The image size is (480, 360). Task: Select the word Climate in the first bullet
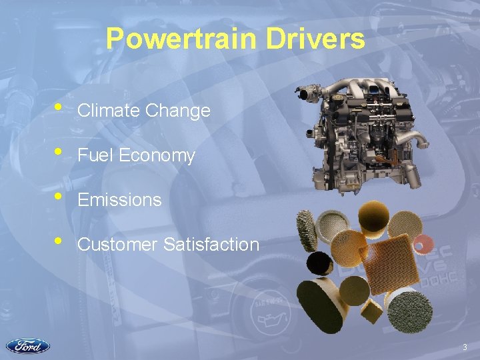(x=107, y=111)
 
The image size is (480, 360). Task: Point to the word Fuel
(x=92, y=156)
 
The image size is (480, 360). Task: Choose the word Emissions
(x=119, y=200)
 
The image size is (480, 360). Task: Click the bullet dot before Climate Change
(x=59, y=107)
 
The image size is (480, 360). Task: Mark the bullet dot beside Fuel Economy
(x=59, y=152)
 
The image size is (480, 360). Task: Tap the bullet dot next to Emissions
(x=59, y=196)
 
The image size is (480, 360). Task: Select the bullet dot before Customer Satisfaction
(x=59, y=241)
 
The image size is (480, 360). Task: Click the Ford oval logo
(x=27, y=346)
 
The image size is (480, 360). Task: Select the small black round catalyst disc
(x=320, y=262)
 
